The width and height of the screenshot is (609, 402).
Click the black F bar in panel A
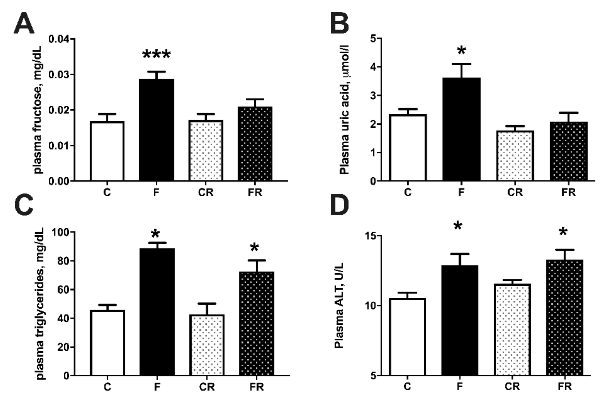[x=156, y=130]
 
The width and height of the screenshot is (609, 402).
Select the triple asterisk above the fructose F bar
[x=156, y=55]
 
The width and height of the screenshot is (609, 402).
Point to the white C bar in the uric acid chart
[x=408, y=148]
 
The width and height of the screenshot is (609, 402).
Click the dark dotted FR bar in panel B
[x=569, y=151]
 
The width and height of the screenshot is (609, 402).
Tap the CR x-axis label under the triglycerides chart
[x=207, y=387]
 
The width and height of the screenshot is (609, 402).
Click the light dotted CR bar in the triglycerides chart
[x=207, y=345]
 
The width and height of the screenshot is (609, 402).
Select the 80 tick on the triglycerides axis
[x=63, y=261]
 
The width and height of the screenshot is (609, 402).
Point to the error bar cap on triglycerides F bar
[x=157, y=242]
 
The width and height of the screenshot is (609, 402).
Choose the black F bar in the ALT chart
[x=460, y=320]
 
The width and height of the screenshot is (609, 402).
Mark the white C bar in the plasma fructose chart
[x=107, y=151]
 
